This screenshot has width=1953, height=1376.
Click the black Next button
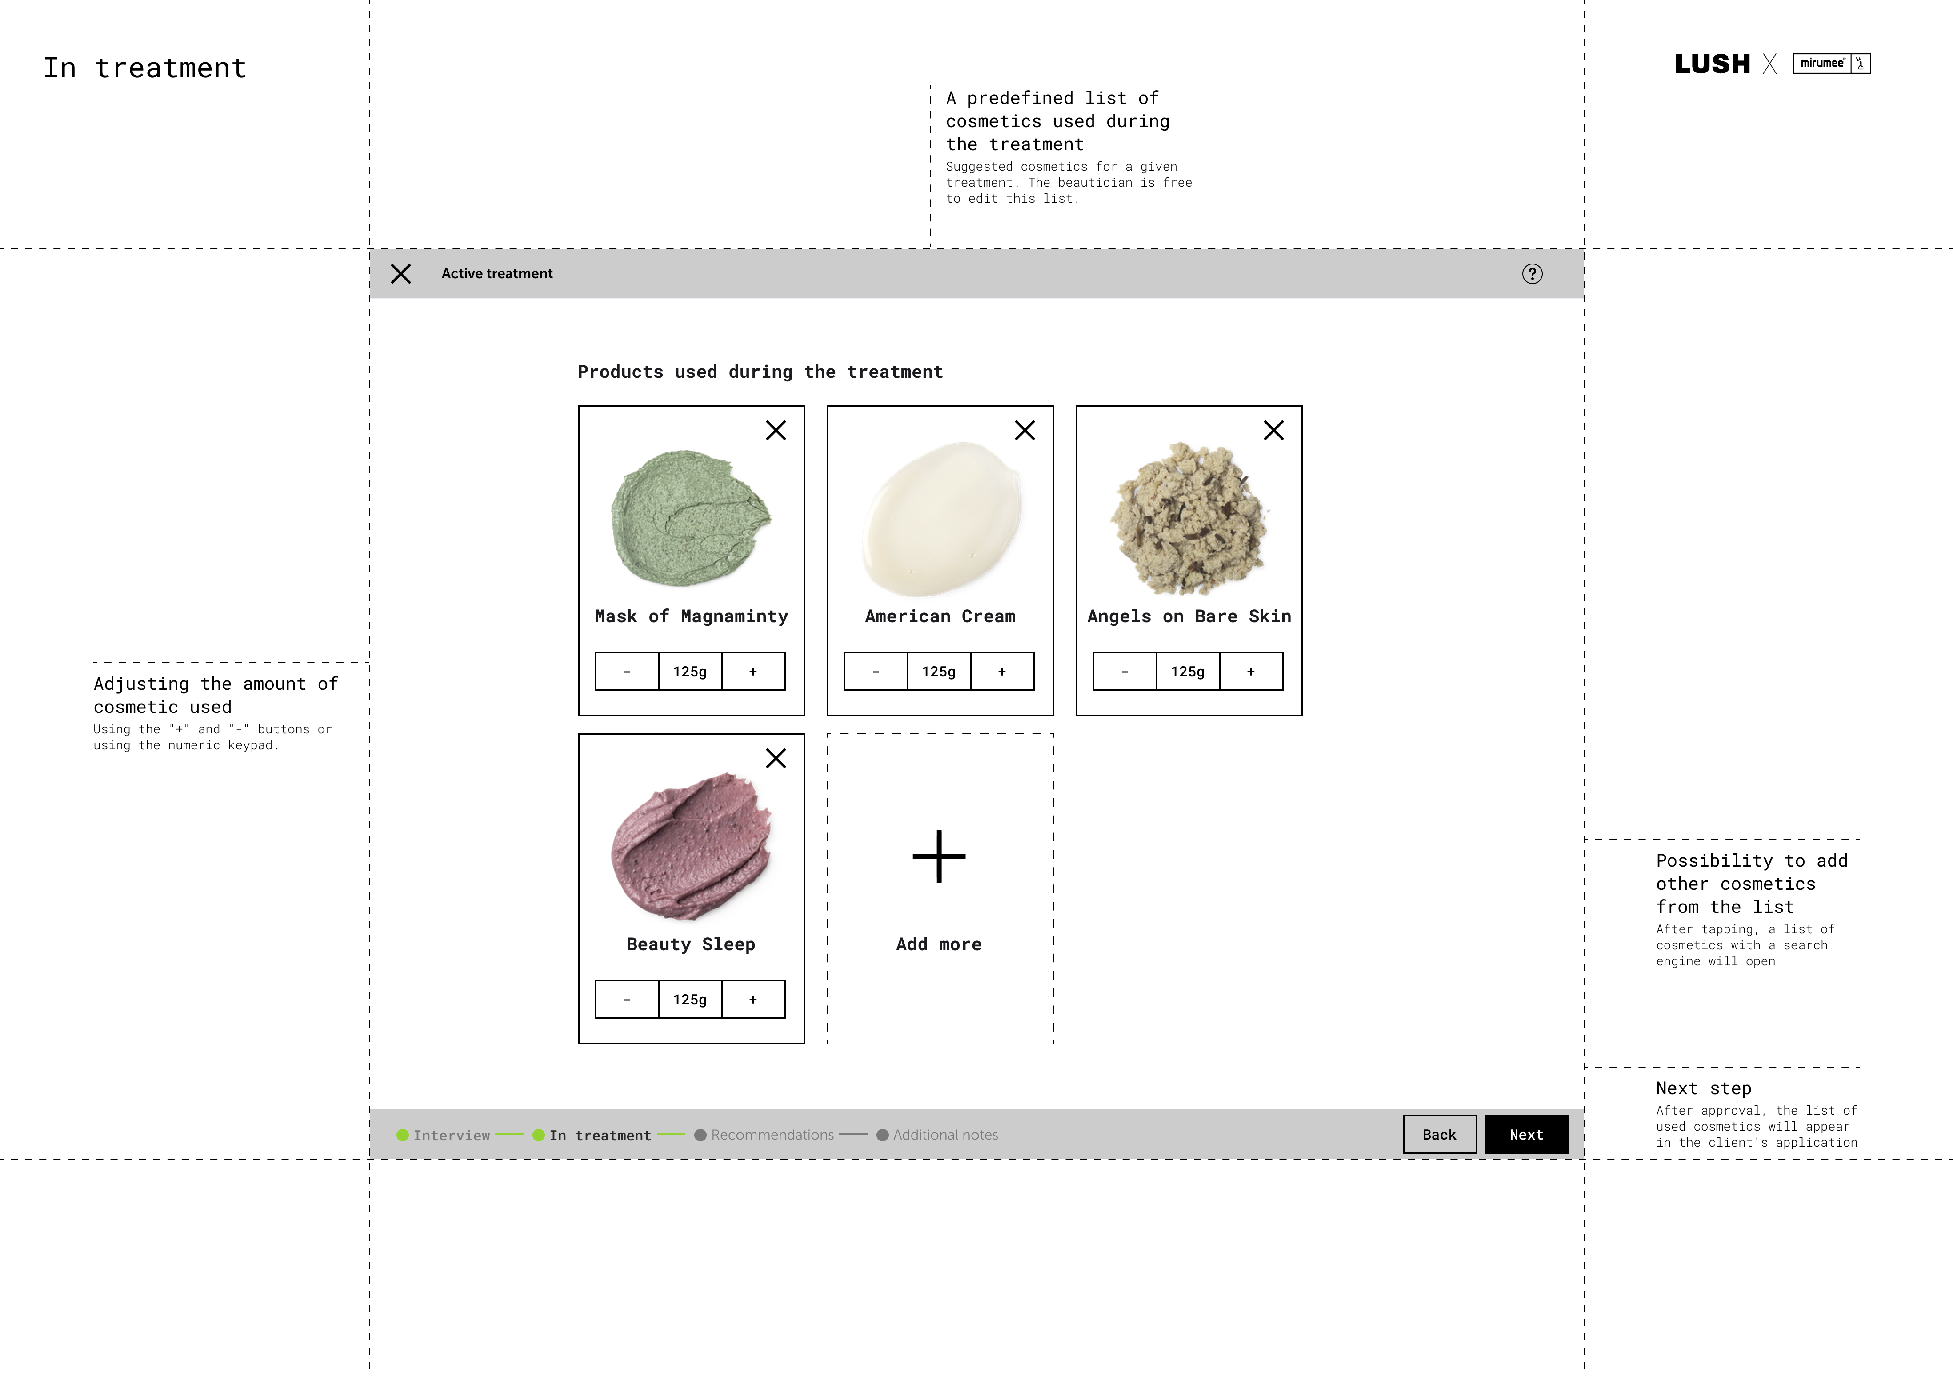pos(1526,1135)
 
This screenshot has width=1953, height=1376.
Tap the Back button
pos(1439,1135)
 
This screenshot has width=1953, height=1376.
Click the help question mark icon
pos(1532,274)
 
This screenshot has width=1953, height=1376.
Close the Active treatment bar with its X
pos(400,274)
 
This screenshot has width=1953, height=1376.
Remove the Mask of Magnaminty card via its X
pos(776,430)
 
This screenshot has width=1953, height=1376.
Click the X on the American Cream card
pos(1025,430)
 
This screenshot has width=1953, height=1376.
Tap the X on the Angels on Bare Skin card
pos(1273,430)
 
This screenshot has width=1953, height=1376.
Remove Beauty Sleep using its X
pos(776,758)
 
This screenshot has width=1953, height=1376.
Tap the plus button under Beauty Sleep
pos(753,999)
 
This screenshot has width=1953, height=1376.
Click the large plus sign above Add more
pos(939,856)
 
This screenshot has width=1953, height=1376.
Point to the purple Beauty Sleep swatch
pos(691,846)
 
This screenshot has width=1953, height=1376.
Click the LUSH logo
pos(1712,64)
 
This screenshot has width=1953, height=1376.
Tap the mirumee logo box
pos(1831,64)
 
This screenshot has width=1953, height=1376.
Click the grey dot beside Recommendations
pos(700,1135)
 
